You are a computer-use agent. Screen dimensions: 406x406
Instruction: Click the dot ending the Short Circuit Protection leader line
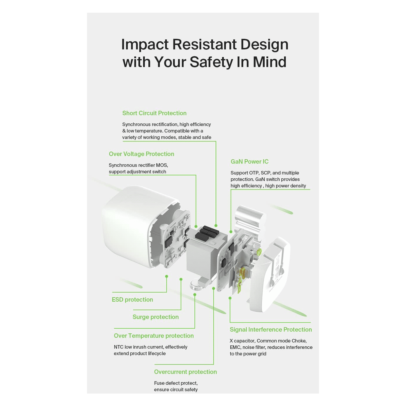(x=216, y=226)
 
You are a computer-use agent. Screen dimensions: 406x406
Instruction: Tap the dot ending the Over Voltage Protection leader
(x=196, y=226)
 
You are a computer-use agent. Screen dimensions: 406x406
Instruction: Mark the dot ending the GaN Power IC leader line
(x=231, y=232)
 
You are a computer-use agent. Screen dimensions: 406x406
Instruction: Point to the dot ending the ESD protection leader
(x=166, y=276)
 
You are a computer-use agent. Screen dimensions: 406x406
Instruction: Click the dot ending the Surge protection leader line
(x=181, y=279)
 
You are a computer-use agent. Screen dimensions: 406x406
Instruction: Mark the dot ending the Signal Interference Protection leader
(x=230, y=298)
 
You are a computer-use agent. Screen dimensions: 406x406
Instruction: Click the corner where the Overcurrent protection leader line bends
(x=214, y=364)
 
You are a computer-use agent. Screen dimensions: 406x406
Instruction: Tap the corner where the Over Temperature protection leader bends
(x=195, y=328)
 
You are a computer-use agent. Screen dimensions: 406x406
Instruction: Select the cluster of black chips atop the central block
(x=207, y=233)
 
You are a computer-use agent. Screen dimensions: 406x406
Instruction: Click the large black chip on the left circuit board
(x=168, y=243)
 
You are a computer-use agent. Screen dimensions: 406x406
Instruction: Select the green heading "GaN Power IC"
(x=249, y=162)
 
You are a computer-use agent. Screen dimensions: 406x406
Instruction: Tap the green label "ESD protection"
(x=132, y=300)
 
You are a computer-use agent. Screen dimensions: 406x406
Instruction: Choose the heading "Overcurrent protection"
(x=185, y=372)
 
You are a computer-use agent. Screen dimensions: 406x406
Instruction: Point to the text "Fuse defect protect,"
(x=176, y=383)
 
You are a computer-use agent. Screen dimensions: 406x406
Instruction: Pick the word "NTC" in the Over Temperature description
(x=119, y=347)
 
